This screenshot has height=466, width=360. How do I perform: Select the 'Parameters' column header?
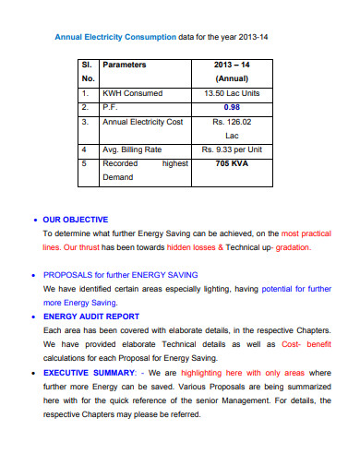(x=125, y=66)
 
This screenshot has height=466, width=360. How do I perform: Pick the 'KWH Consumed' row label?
(x=132, y=93)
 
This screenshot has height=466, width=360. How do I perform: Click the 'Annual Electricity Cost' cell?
(x=142, y=121)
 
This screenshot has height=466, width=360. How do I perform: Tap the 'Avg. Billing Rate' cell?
(x=135, y=149)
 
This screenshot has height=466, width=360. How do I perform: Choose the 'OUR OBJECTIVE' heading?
(x=76, y=220)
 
